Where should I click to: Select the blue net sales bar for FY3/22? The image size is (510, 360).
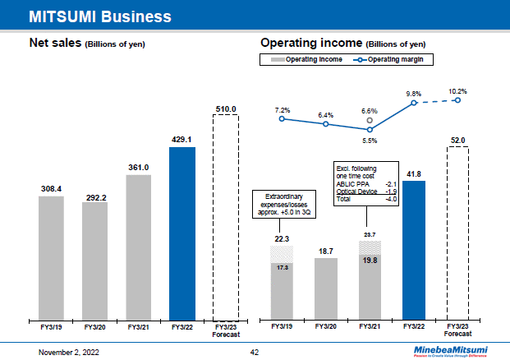(181, 233)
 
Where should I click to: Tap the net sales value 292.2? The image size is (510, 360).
(94, 197)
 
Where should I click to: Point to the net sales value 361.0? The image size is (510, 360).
(138, 168)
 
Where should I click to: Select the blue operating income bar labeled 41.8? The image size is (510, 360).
(414, 249)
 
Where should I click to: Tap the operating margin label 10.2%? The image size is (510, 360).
(457, 91)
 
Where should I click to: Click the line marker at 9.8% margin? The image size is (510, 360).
(414, 103)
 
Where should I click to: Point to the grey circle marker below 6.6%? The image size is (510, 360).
(370, 120)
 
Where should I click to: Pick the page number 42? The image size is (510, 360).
(255, 351)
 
